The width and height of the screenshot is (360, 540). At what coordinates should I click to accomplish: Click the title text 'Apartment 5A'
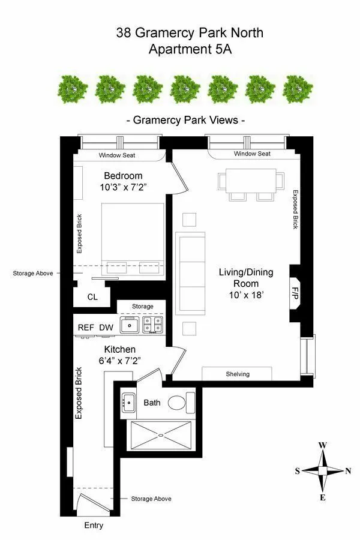(x=190, y=49)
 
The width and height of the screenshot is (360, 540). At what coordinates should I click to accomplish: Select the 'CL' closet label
(x=92, y=296)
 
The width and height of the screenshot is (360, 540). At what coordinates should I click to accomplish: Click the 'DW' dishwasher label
(x=106, y=328)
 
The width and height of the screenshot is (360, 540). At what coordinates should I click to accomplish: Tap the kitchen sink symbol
(x=130, y=325)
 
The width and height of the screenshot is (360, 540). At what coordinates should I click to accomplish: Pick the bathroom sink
(x=128, y=401)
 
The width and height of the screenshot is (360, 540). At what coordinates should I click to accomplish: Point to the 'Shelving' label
(x=237, y=374)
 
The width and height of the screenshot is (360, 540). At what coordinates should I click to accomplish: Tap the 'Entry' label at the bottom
(x=94, y=526)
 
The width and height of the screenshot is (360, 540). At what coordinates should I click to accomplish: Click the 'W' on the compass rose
(x=322, y=445)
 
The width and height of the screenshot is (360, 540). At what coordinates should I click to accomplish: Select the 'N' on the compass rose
(x=348, y=471)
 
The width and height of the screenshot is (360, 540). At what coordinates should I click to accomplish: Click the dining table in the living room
(x=251, y=181)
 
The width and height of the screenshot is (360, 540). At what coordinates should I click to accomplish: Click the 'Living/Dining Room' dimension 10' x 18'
(x=246, y=295)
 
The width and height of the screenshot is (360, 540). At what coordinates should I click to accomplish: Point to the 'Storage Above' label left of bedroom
(x=32, y=273)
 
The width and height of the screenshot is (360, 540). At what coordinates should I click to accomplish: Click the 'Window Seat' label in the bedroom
(x=117, y=155)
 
